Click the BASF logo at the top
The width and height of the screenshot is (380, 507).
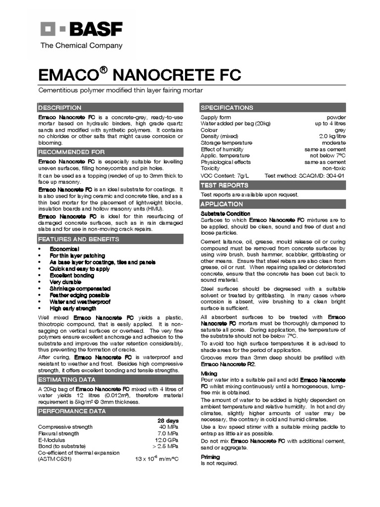81,30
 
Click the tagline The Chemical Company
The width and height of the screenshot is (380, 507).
81,46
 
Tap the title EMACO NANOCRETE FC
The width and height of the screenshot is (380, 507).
140,75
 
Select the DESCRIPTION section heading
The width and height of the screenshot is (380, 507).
60,107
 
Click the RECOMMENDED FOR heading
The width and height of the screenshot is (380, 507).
72,152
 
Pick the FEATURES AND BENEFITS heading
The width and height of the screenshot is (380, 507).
79,239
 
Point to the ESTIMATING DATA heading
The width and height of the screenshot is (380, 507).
67,380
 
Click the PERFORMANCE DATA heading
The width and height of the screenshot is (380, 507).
72,411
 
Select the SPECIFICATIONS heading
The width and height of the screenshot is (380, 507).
227,107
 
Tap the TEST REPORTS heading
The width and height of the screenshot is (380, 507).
224,185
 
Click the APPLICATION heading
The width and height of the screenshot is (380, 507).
222,204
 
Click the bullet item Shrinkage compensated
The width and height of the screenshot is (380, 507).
80,288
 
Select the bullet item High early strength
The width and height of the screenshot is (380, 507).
73,308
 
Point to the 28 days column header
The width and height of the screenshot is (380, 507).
168,420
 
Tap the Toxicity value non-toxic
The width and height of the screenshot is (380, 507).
334,168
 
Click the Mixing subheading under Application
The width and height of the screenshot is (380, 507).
208,373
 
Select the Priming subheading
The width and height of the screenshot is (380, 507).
210,457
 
